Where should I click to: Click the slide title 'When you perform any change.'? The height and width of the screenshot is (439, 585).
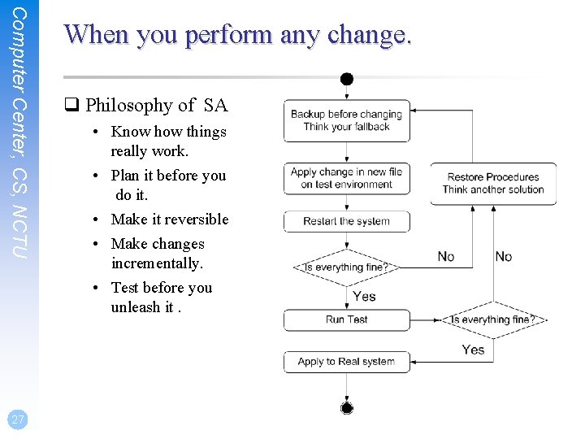(x=238, y=34)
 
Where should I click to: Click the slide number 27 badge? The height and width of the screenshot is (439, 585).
(x=17, y=419)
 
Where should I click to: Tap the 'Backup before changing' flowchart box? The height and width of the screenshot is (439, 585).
(x=347, y=120)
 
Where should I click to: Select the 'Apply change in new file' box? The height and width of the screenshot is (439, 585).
(x=347, y=178)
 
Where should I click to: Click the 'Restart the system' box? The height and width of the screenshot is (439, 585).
(x=347, y=221)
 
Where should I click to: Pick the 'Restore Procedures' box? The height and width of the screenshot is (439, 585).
(x=493, y=183)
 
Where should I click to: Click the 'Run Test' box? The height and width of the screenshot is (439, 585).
(x=347, y=319)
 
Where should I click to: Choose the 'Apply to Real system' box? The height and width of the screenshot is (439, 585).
(x=347, y=362)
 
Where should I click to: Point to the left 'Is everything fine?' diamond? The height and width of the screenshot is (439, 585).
(x=346, y=267)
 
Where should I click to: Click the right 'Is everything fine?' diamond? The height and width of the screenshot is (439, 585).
(x=493, y=319)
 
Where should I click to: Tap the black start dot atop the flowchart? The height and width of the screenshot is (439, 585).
(x=347, y=79)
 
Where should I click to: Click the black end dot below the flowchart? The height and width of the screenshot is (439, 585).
(x=347, y=407)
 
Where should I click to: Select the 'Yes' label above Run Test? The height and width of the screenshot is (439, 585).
(x=364, y=296)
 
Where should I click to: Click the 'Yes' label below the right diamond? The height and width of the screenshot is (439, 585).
(x=473, y=350)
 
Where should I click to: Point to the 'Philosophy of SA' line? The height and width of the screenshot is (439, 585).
(x=156, y=105)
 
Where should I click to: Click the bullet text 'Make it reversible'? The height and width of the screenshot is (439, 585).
(x=169, y=219)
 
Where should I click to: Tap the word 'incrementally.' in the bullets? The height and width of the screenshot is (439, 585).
(x=157, y=263)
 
